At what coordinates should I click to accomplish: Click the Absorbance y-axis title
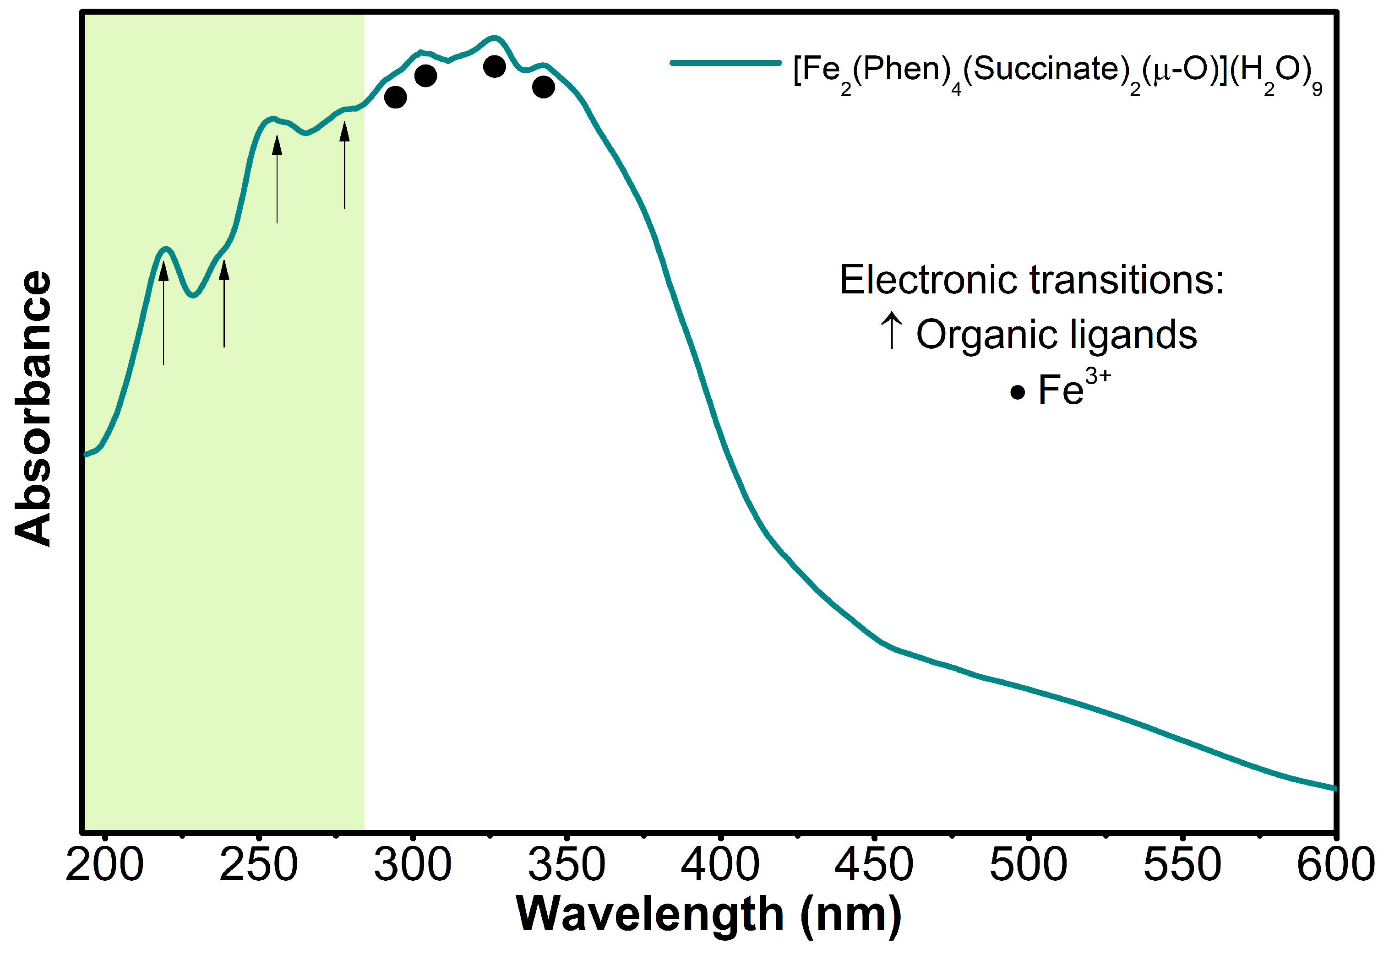coord(33,409)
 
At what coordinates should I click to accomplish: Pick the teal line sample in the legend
coord(725,63)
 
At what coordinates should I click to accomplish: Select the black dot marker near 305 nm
coord(425,76)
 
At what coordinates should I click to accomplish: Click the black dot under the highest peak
coord(494,67)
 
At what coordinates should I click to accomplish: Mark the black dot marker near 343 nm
coord(543,87)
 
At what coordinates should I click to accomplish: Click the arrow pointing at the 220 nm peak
coord(163,313)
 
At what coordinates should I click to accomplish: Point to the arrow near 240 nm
coord(224,303)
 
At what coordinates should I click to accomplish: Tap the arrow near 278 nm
coord(344,165)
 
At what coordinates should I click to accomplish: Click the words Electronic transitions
coord(1031,280)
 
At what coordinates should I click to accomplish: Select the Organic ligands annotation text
coord(1056,335)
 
